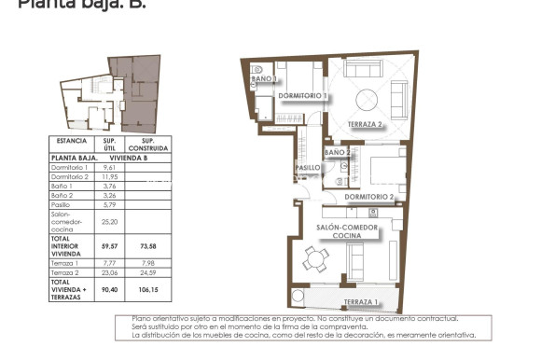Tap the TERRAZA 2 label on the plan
click(x=366, y=124)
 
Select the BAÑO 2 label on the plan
click(x=337, y=152)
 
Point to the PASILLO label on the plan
click(x=308, y=168)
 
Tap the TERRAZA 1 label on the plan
click(x=361, y=302)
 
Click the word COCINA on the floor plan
click(x=347, y=237)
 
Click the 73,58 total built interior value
click(x=148, y=245)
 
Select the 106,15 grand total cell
click(x=148, y=289)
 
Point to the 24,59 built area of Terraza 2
click(x=148, y=272)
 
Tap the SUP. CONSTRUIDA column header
click(x=148, y=145)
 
